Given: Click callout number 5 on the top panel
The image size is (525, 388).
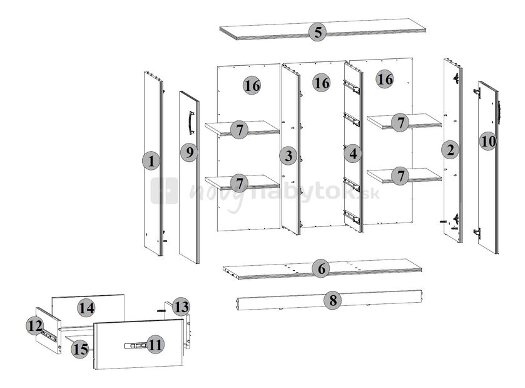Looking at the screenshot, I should click(x=318, y=32).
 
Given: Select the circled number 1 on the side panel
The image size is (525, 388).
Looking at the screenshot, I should click(x=151, y=161).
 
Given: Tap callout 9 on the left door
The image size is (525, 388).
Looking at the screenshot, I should click(x=189, y=152).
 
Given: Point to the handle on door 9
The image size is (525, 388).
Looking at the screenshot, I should click(x=191, y=122).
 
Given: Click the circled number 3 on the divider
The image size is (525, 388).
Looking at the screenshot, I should click(x=288, y=155).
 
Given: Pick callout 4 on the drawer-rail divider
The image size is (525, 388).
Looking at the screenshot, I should click(x=353, y=152).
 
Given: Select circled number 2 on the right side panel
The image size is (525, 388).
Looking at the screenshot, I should click(x=450, y=149).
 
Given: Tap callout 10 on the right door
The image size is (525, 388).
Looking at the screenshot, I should click(x=489, y=141).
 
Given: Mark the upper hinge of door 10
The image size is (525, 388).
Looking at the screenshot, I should click(x=477, y=93).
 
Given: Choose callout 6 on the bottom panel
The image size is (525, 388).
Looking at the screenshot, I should click(x=320, y=269).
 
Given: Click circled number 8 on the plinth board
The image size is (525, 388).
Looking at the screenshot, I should click(x=333, y=300).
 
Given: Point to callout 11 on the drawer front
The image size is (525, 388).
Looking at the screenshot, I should click(x=156, y=343).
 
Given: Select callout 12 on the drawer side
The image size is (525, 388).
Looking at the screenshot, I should click(x=34, y=325).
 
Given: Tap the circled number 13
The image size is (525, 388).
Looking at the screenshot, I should click(x=181, y=307).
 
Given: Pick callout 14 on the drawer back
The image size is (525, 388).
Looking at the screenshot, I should click(x=86, y=308).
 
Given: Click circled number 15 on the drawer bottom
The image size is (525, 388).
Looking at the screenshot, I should click(x=80, y=349).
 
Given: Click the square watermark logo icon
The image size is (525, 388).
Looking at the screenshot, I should click(x=164, y=191).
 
